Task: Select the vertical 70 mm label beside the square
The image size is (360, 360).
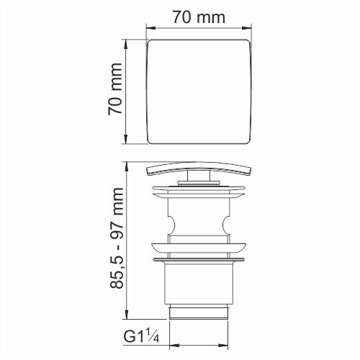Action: (x=114, y=91)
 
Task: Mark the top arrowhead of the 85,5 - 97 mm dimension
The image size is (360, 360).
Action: (x=127, y=165)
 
